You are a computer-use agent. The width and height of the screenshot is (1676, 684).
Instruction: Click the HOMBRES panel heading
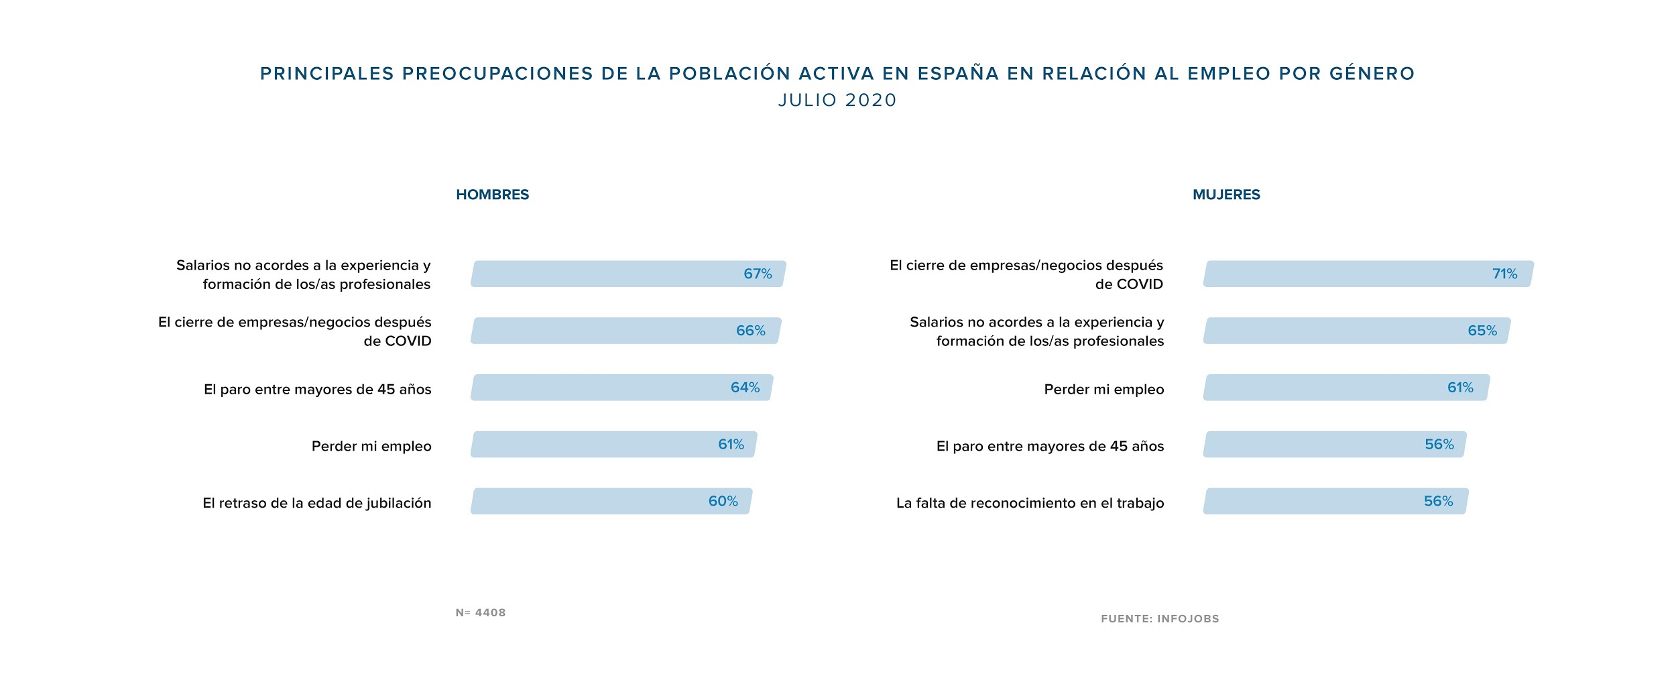point(492,194)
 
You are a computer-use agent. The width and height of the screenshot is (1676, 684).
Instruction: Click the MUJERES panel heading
point(1226,194)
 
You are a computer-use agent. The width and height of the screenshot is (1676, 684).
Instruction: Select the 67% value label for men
point(758,274)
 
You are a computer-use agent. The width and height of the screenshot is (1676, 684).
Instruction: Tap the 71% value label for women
point(1504,274)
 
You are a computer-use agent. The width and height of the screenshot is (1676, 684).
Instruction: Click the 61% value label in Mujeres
point(1460,388)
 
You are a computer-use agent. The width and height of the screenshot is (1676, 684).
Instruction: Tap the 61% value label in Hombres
point(731,444)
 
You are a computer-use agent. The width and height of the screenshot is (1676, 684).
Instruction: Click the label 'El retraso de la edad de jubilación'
point(317,503)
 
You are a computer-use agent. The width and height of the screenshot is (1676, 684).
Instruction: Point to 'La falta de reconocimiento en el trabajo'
point(1030,503)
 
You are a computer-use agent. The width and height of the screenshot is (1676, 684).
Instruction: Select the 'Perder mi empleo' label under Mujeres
point(1103,390)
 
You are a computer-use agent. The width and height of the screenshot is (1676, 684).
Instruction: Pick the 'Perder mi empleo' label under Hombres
point(371,446)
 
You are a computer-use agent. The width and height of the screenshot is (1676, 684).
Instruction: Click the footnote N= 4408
point(481,612)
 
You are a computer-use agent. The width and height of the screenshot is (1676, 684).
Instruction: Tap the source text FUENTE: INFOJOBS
point(1160,618)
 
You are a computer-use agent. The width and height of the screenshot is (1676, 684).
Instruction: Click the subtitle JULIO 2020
point(837,100)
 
